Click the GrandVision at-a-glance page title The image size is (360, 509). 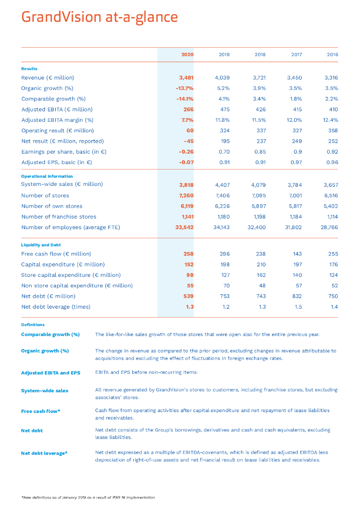click(x=99, y=17)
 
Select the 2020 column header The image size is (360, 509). click(x=187, y=54)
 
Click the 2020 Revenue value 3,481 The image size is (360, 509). click(x=186, y=78)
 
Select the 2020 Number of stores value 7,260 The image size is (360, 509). click(x=186, y=195)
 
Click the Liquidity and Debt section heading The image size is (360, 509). click(x=40, y=245)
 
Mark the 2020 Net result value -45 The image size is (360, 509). click(x=188, y=141)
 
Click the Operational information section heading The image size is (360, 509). click(x=47, y=176)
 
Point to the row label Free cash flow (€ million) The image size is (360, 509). click(x=56, y=254)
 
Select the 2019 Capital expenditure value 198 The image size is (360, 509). click(x=224, y=264)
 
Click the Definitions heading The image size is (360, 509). click(x=33, y=325)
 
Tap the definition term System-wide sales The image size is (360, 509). click(x=45, y=391)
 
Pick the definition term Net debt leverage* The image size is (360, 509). click(x=44, y=453)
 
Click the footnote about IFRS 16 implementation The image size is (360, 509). click(x=88, y=497)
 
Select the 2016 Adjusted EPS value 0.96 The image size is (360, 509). click(x=331, y=162)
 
